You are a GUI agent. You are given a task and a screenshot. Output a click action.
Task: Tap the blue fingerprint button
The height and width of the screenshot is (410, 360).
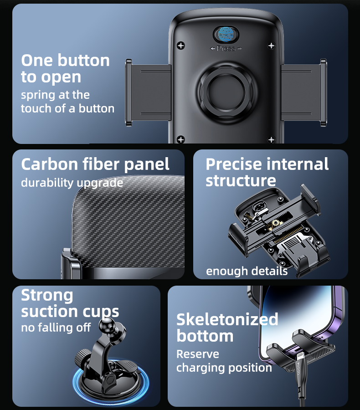click(226, 34)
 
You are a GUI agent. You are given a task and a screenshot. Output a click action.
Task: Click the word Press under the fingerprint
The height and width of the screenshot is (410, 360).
click(226, 48)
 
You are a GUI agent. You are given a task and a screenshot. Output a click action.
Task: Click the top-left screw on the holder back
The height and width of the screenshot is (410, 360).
click(181, 45)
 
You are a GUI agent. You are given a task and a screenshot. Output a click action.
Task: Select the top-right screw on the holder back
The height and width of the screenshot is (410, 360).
click(271, 46)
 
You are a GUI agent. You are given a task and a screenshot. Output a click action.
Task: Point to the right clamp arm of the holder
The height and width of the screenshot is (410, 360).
click(304, 92)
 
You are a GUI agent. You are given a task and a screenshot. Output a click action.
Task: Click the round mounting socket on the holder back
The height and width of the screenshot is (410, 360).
click(226, 92)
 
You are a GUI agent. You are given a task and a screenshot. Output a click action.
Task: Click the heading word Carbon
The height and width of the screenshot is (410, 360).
click(50, 164)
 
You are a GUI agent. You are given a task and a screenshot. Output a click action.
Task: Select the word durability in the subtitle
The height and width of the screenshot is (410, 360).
click(47, 183)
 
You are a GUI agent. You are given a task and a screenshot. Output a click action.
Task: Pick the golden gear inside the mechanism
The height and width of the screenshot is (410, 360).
click(276, 223)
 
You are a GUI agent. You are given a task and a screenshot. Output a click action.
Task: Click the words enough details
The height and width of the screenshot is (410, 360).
click(247, 271)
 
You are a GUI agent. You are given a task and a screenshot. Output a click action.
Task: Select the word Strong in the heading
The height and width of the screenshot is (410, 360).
click(47, 296)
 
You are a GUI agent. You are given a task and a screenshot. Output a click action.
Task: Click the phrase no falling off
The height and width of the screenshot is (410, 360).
click(56, 328)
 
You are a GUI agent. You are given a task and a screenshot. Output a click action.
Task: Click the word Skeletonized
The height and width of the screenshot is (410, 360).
click(227, 319)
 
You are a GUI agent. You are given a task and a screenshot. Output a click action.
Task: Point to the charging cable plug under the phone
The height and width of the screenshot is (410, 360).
click(300, 367)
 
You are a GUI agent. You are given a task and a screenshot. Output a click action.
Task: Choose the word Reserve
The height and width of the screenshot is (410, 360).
click(198, 354)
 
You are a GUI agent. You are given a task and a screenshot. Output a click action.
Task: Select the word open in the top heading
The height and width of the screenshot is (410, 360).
click(61, 77)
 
